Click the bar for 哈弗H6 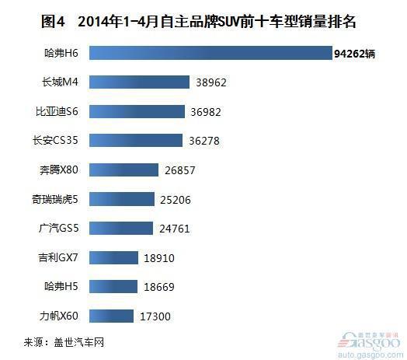pos(210,53)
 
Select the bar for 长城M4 pos(139,82)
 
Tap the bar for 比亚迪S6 pos(137,111)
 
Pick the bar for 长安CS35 pos(136,141)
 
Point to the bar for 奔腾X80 pos(123,170)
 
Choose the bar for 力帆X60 pos(111,316)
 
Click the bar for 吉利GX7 pos(113,257)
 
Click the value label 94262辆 pos(354,54)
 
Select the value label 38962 pos(211,82)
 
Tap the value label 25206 pos(176,200)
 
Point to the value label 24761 pos(175,229)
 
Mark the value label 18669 pos(159,287)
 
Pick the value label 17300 pos(155,316)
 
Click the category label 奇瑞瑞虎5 pos(55,199)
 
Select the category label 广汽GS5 pos(58,229)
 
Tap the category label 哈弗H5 pos(61,286)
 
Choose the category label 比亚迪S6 pos(57,111)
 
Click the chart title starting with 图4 pos(199,21)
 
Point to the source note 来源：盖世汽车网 pos(64,342)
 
